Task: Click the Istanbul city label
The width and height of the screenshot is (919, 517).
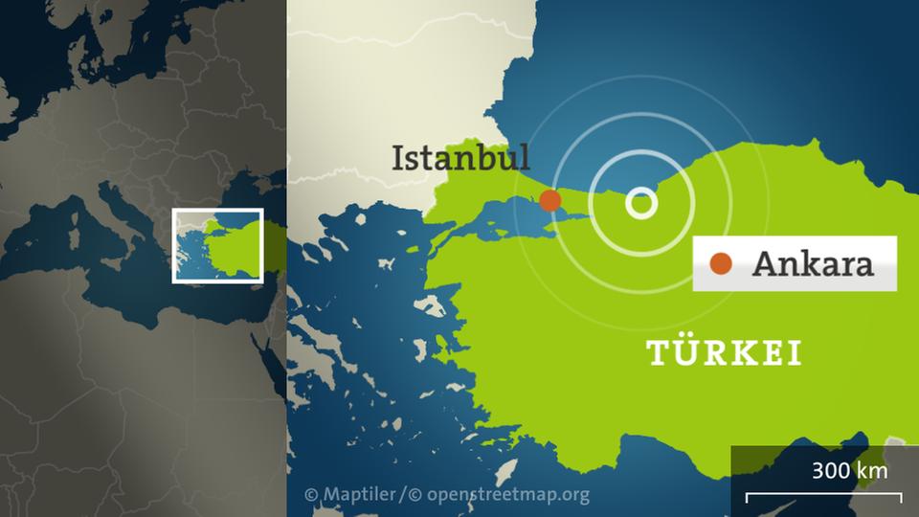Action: (x=459, y=158)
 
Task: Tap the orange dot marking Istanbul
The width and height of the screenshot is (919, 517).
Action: (x=549, y=200)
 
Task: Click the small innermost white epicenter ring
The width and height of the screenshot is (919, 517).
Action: (x=641, y=203)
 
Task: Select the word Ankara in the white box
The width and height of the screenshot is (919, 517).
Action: (x=813, y=263)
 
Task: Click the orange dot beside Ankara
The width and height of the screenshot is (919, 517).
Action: (x=720, y=263)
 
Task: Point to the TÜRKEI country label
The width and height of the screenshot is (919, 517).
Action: (x=725, y=353)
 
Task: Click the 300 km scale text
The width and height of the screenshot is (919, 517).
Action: (x=849, y=470)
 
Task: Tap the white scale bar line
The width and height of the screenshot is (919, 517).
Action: (x=823, y=496)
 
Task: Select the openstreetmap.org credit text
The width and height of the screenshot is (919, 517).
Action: (x=507, y=495)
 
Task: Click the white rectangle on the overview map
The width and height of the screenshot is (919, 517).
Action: (x=217, y=210)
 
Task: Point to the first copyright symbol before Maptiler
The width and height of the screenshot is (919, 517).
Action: (x=311, y=495)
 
